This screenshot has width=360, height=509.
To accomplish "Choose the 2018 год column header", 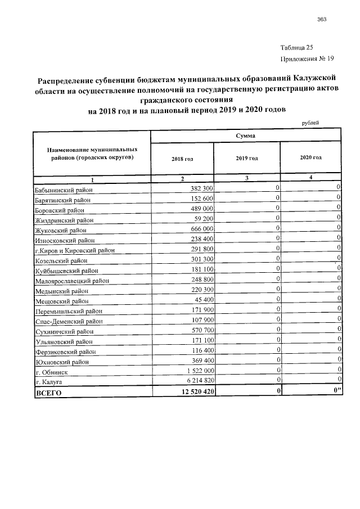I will tap(182, 159).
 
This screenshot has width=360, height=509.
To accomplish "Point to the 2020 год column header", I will tap(311, 158).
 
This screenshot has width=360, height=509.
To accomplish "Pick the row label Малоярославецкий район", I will tap(71, 281).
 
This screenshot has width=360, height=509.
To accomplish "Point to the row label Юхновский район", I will tap(61, 362).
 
